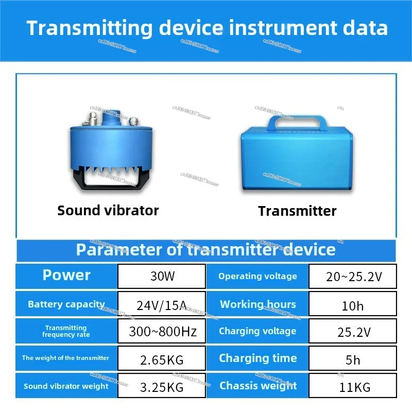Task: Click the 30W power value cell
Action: point(162,276)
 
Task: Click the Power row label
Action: point(66,275)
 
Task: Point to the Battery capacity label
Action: point(66,304)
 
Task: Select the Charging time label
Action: point(258,358)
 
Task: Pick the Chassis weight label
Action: point(258,386)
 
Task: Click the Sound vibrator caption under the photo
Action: point(108,211)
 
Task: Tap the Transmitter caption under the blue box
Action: point(297,211)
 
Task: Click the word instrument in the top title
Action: point(283,28)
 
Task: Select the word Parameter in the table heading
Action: point(119,250)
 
